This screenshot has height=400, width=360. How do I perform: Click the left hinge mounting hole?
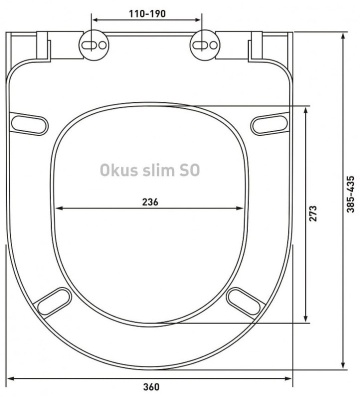tap(95, 44)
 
